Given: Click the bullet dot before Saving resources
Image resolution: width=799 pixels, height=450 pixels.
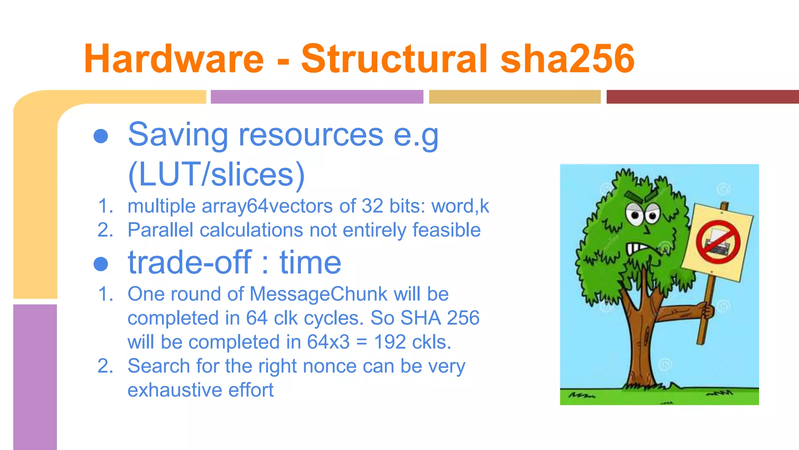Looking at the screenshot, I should pos(101,136).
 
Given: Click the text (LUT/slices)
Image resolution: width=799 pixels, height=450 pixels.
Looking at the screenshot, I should pos(216,174).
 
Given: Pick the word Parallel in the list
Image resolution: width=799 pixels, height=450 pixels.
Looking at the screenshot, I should pos(160,230).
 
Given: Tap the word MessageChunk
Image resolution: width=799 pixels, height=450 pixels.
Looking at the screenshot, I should pos(318,294).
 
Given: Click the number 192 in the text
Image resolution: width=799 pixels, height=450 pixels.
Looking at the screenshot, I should pos(390,342).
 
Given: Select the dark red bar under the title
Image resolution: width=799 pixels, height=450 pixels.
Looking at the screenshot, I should pos(702,97).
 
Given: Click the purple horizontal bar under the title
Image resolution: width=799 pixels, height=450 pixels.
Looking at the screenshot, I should pos(317,97).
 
